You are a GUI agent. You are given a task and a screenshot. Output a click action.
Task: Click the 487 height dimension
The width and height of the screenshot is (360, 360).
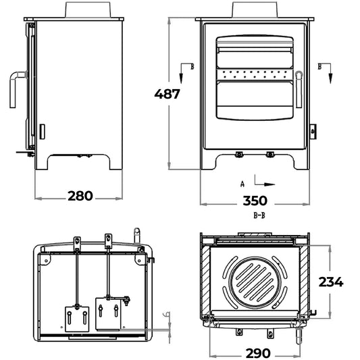[167, 94]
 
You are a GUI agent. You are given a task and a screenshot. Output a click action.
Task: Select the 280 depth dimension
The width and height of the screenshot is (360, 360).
[80, 196]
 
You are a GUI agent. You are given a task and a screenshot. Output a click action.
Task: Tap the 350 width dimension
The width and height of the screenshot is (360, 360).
[255, 201]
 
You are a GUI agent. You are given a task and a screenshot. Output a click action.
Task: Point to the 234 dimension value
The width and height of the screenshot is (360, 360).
[331, 282]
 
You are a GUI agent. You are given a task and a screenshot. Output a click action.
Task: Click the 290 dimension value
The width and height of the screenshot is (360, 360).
[258, 353]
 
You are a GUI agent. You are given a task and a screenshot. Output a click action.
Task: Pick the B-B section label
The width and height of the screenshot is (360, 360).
[259, 215]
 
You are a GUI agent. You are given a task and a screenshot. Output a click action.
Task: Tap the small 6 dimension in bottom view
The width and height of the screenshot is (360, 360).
[168, 314]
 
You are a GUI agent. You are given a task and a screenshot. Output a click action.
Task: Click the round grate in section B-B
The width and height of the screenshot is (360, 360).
[255, 282]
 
